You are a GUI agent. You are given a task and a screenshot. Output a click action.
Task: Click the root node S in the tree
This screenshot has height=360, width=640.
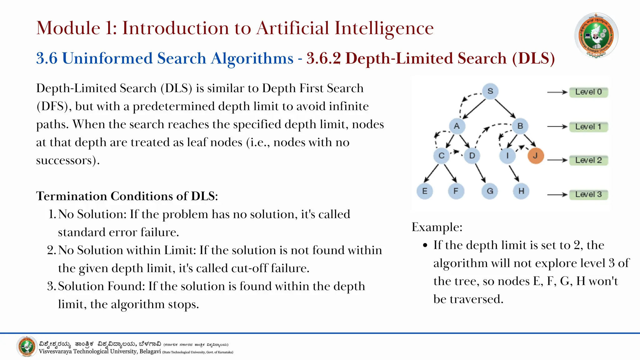coord(490,91)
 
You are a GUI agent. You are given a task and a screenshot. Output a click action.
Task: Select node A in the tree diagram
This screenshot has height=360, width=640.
coord(457,126)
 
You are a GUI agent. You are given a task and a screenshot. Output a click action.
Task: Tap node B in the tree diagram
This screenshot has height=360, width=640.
coord(520,126)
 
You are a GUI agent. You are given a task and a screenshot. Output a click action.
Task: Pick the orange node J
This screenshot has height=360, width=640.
coord(535,156)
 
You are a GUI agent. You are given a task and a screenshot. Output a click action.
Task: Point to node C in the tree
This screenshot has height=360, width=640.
coord(441,156)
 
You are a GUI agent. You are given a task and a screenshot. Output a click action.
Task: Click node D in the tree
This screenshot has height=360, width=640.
coord(472,156)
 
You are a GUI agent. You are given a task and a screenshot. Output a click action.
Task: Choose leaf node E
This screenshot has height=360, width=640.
coord(424,191)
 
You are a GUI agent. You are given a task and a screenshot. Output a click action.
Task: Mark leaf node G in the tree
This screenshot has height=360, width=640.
coord(490,191)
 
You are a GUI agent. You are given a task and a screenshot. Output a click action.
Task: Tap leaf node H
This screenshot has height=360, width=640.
coord(521,191)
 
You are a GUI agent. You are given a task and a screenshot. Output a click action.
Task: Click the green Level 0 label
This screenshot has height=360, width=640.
coord(588,92)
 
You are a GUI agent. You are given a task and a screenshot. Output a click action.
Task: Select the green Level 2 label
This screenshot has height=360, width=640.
coord(588,160)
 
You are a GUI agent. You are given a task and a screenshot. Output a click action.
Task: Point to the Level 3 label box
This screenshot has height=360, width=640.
coord(588,194)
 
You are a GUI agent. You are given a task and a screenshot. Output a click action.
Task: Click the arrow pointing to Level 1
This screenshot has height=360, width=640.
coord(557,127)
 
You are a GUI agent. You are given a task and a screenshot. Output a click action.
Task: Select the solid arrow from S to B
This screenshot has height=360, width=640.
coord(505,109)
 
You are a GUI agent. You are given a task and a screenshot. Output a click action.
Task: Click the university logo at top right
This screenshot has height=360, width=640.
coord(596,35)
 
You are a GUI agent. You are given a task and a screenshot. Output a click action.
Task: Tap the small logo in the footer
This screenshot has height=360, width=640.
coord(27,347)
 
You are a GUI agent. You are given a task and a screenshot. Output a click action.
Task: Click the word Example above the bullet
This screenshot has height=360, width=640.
coord(437,227)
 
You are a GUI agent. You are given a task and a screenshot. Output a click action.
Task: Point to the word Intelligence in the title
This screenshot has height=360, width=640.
coord(384,28)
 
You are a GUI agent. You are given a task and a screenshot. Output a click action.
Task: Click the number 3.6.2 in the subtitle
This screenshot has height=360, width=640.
coord(323,58)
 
